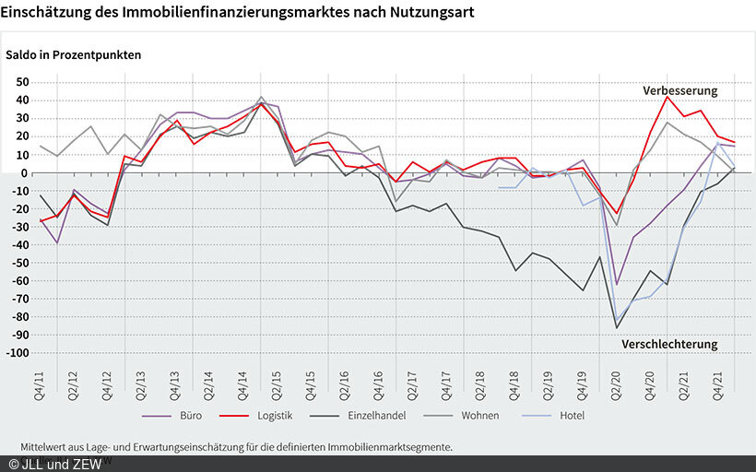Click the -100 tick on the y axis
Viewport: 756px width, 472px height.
(x=18, y=353)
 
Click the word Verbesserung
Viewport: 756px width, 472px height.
(x=679, y=90)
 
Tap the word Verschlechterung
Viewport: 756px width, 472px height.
(x=669, y=344)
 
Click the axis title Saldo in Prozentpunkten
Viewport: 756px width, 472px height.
(x=74, y=54)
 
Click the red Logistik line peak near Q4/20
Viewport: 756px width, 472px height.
(x=667, y=97)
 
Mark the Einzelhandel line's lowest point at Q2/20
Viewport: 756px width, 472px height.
(x=617, y=328)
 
